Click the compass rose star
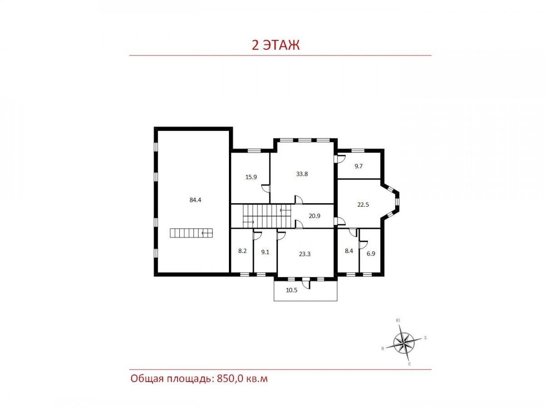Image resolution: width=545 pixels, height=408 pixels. [x=403, y=344]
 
